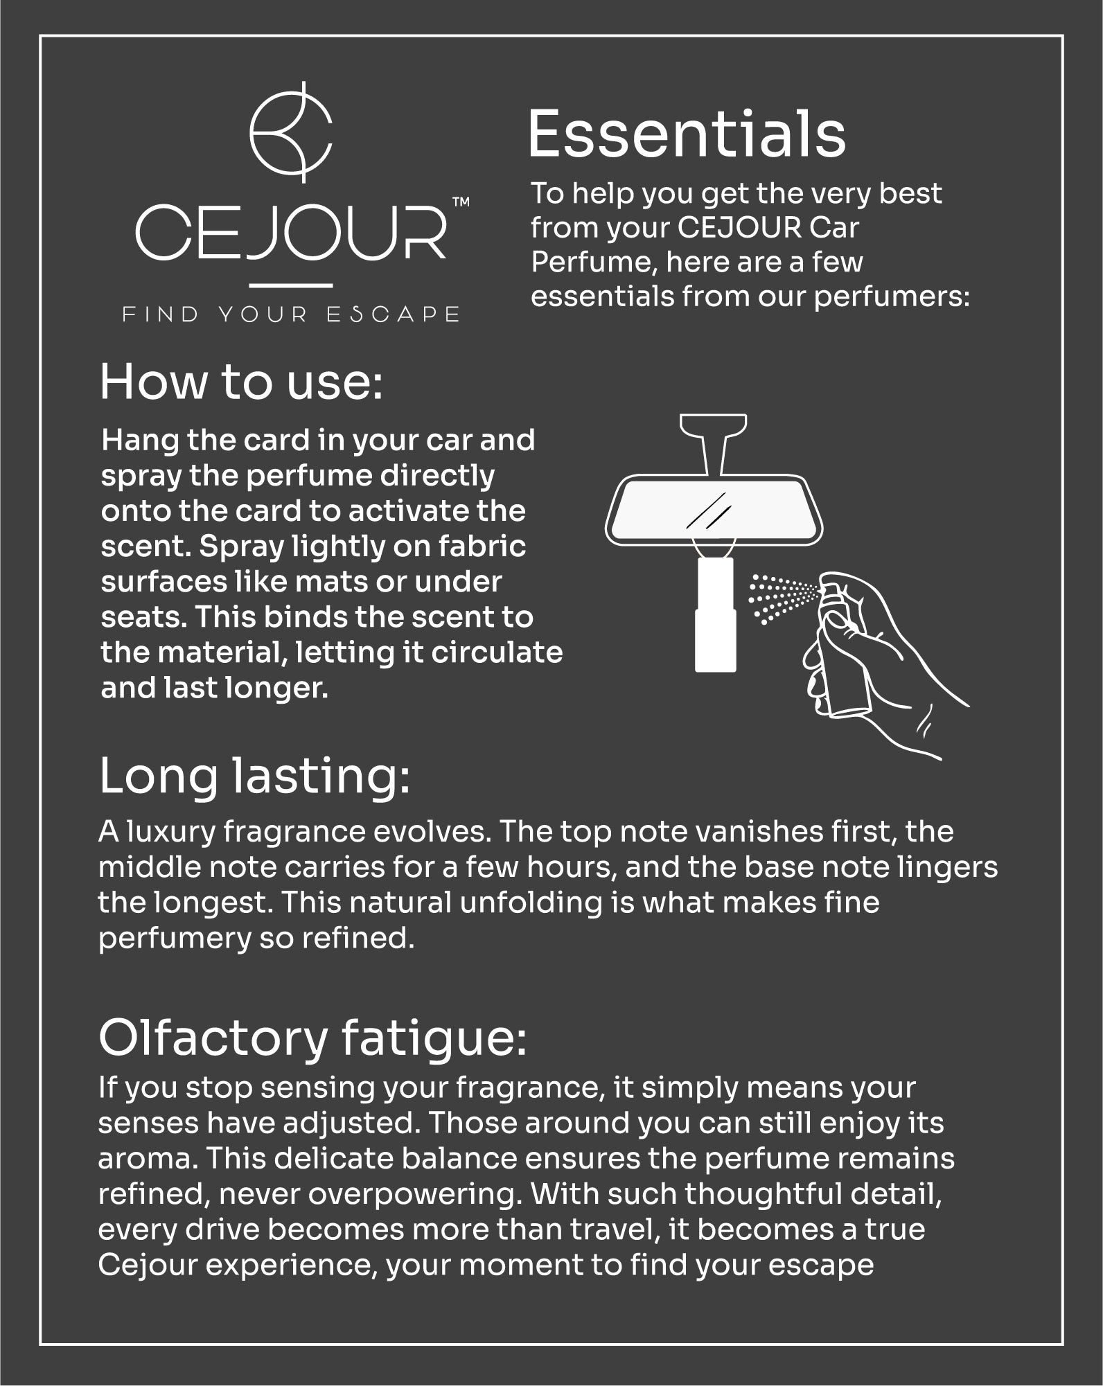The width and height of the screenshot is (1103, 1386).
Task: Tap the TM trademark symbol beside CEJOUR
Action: click(x=461, y=202)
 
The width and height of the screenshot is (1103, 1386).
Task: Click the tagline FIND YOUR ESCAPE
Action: click(x=291, y=314)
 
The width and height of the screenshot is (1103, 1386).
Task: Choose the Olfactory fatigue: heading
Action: click(x=312, y=1038)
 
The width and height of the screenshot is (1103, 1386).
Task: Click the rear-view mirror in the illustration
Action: click(x=714, y=510)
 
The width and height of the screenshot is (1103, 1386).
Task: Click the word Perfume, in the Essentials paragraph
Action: click(x=594, y=263)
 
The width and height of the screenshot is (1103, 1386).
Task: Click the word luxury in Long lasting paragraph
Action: click(x=170, y=832)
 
